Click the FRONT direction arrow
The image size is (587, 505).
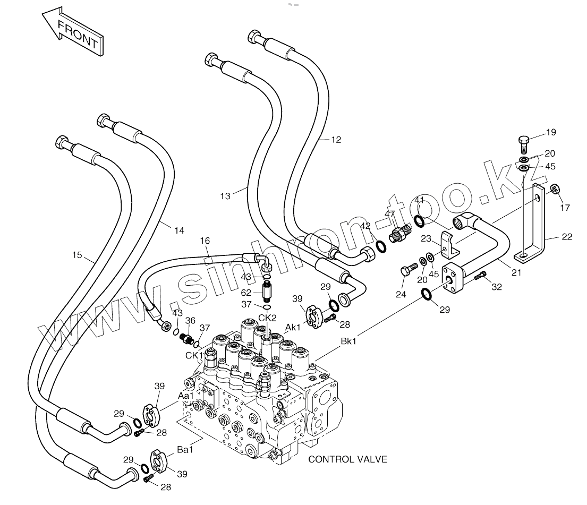[72, 32]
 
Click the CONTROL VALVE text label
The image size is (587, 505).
[347, 459]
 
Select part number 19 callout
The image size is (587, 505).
[551, 132]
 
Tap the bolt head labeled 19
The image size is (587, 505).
[524, 141]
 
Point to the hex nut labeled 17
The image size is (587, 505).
[555, 189]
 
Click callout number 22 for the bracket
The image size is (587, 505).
[567, 237]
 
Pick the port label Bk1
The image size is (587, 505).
[348, 341]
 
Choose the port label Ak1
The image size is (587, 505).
[293, 327]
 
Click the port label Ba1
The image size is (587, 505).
[185, 449]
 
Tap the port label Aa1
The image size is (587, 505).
[186, 396]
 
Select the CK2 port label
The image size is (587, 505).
[267, 318]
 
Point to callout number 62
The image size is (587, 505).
[246, 293]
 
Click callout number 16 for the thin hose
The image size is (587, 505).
[205, 241]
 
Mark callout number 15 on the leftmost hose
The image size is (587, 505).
[77, 255]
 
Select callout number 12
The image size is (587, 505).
[336, 140]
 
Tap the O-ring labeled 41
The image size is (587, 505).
[419, 221]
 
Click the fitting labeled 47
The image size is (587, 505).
[399, 234]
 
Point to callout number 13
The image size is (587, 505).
[225, 196]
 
